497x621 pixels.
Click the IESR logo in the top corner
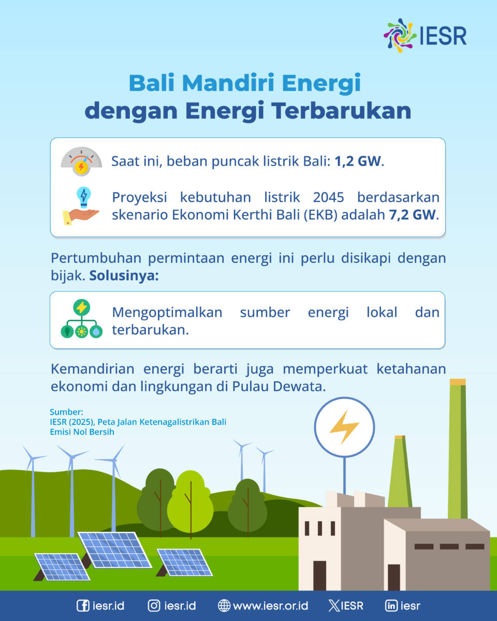point(425,36)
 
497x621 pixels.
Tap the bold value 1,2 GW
point(358,161)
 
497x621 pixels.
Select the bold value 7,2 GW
point(412,215)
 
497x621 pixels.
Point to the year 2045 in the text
point(328,197)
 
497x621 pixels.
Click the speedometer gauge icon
point(81,161)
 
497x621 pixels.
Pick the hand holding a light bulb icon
point(81,206)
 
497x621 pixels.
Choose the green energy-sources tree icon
point(81,319)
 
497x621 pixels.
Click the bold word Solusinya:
point(124,276)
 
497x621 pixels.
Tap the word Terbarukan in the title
point(342,111)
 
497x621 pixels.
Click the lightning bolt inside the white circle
point(344,427)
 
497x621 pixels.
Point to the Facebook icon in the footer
point(83,605)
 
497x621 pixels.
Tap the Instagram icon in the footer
point(154,605)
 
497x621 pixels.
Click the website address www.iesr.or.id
point(270,605)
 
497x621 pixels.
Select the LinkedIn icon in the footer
point(391,605)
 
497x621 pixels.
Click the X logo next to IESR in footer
point(334,605)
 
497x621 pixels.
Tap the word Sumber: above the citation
point(66,412)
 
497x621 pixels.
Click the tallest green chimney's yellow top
point(458,382)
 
